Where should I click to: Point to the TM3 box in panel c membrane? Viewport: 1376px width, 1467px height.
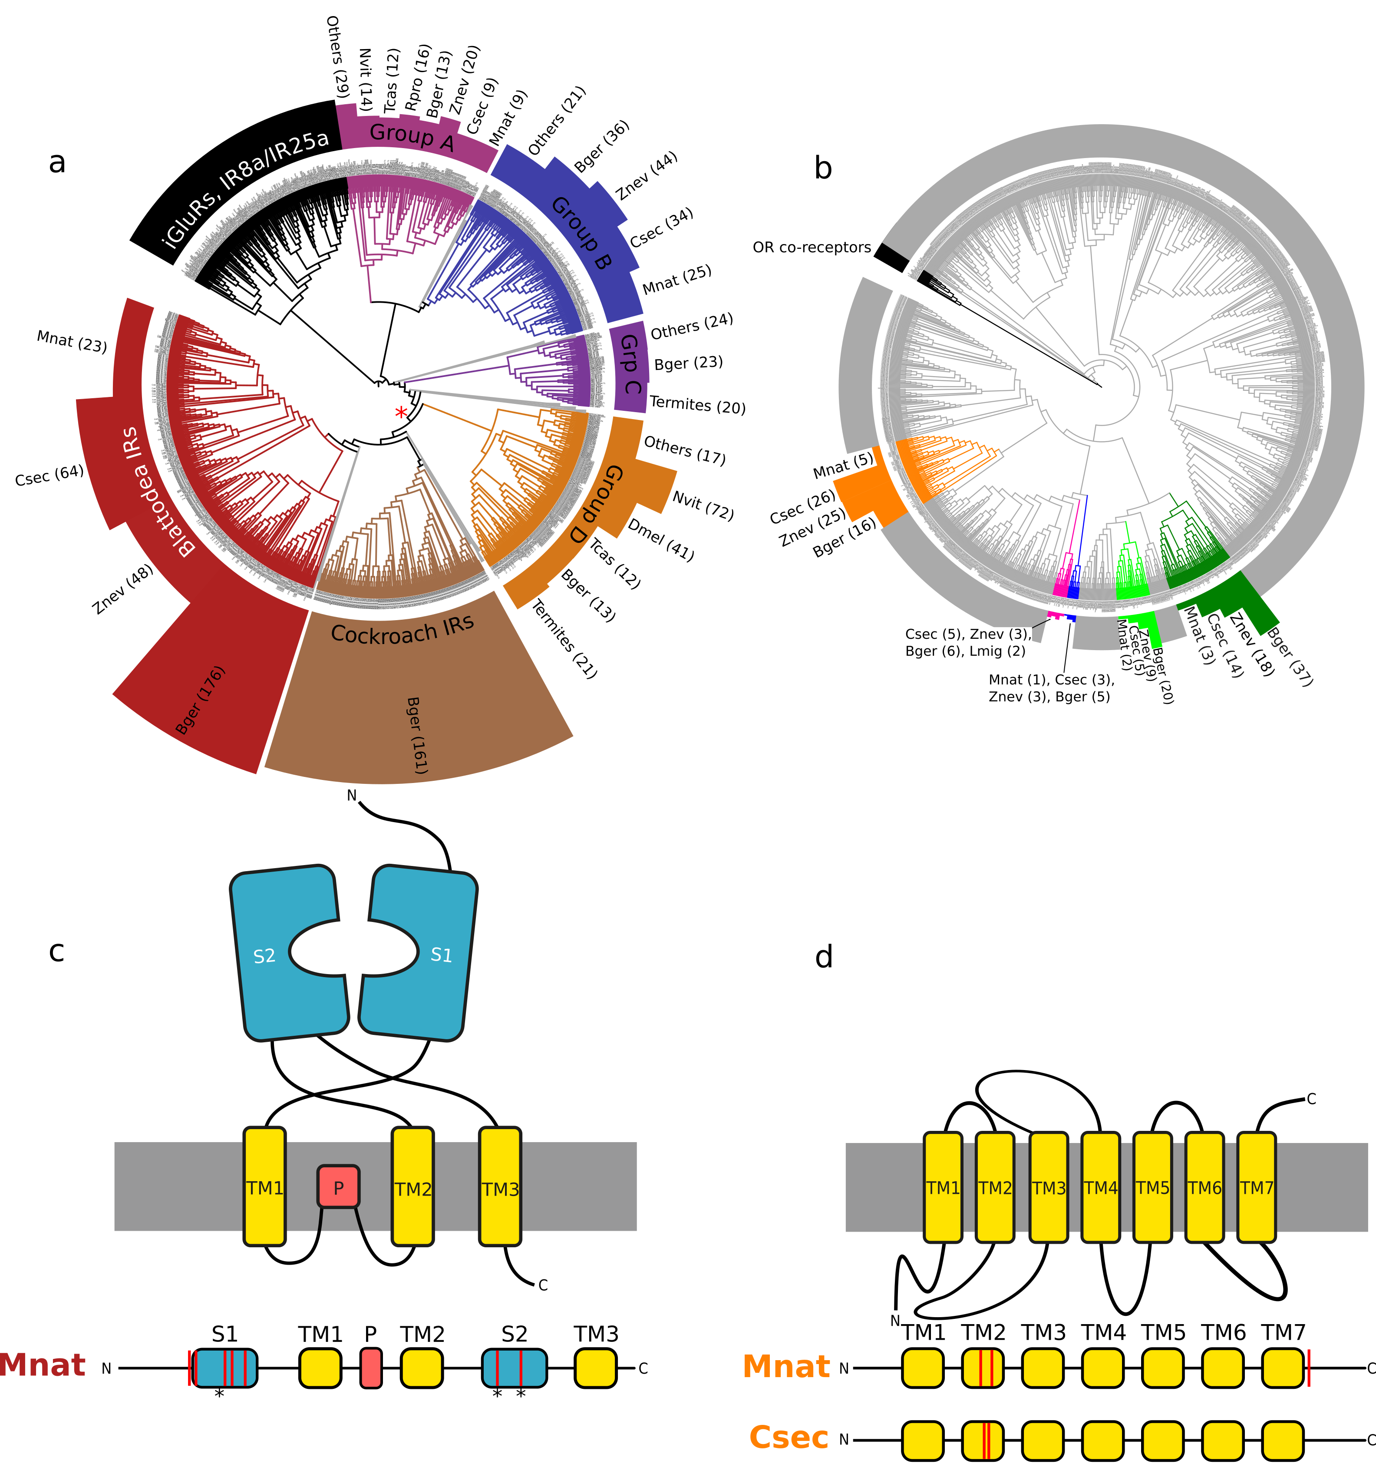tap(500, 1188)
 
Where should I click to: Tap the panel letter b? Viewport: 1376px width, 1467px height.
tap(823, 168)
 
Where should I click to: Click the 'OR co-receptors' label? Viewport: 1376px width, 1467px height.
tap(812, 247)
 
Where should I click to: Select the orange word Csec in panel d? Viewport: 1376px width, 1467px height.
tap(789, 1437)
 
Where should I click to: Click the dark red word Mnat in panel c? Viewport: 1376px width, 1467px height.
tap(43, 1365)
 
